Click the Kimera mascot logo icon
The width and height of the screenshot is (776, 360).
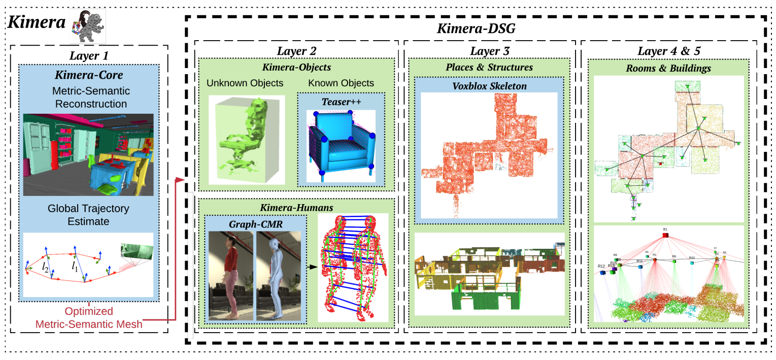[x=88, y=27]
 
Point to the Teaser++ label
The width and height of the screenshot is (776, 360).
[x=341, y=101]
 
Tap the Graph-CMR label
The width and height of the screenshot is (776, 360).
[x=255, y=222]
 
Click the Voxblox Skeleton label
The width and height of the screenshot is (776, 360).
[x=489, y=86]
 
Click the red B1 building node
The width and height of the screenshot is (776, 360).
[x=665, y=235]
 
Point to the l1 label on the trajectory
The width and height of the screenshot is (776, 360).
[x=75, y=265]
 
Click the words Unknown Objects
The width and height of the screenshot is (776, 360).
[x=245, y=83]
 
